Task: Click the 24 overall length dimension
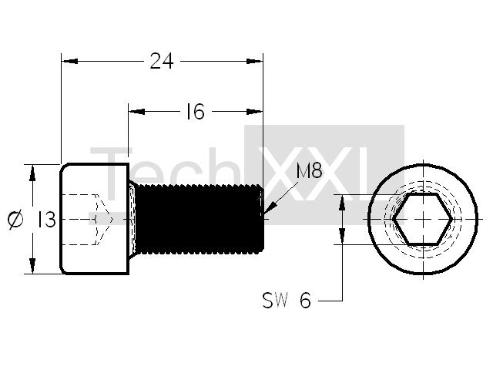[162, 61]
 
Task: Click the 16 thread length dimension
[195, 111]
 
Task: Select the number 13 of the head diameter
[47, 219]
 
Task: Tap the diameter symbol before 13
[15, 219]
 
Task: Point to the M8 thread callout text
[309, 171]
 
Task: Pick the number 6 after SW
[305, 301]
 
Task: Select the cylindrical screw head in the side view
[95, 219]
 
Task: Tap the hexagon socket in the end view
[423, 219]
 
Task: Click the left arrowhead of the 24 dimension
[70, 61]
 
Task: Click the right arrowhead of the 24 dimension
[254, 61]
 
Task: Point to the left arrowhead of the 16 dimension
[137, 111]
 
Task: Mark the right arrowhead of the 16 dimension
[254, 111]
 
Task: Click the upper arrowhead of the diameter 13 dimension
[32, 173]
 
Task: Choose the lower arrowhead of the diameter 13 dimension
[32, 266]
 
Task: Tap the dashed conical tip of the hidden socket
[105, 219]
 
